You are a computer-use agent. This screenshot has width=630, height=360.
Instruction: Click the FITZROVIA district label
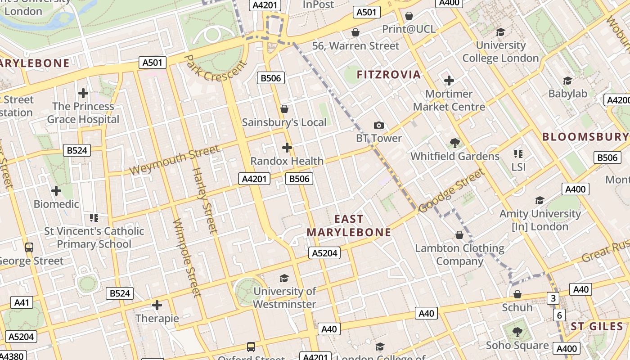click(x=389, y=75)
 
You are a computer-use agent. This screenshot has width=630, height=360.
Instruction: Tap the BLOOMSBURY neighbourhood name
click(x=585, y=137)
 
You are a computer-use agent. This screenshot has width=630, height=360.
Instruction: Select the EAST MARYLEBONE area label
click(x=349, y=226)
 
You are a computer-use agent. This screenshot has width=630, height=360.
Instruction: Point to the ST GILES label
click(x=597, y=327)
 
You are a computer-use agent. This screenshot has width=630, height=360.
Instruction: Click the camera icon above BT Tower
click(x=379, y=125)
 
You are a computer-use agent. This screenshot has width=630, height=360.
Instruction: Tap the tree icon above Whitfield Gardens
click(x=455, y=143)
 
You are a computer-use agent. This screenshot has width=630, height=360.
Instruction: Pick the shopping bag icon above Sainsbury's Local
click(x=284, y=109)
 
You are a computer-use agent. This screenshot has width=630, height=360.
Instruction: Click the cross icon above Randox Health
click(x=287, y=148)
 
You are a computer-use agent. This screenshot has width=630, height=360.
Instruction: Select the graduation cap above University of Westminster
click(x=284, y=278)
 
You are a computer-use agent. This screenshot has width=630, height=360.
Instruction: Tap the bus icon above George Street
click(x=29, y=247)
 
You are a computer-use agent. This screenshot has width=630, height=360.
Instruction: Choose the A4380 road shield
click(x=12, y=355)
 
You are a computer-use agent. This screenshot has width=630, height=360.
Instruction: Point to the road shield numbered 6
click(x=559, y=315)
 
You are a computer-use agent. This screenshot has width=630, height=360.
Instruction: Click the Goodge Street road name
click(x=452, y=190)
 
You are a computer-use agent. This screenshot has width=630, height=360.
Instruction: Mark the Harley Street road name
click(x=204, y=200)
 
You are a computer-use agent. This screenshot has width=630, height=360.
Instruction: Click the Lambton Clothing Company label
click(x=459, y=255)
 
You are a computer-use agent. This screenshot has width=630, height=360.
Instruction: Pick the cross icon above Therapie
click(x=157, y=306)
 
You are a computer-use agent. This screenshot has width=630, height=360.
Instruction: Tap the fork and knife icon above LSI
click(x=518, y=154)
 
